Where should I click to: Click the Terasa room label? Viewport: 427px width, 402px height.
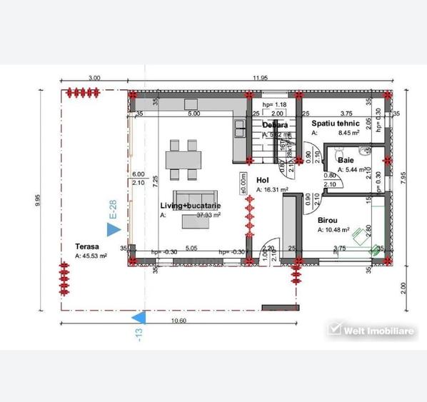[x=87, y=246]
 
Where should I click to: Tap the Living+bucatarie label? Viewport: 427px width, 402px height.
[x=190, y=206]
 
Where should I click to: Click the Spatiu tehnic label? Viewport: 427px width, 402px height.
[x=336, y=123]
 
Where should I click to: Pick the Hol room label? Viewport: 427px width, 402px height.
[x=261, y=181]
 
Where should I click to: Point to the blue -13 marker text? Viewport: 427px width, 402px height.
[x=140, y=333]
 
